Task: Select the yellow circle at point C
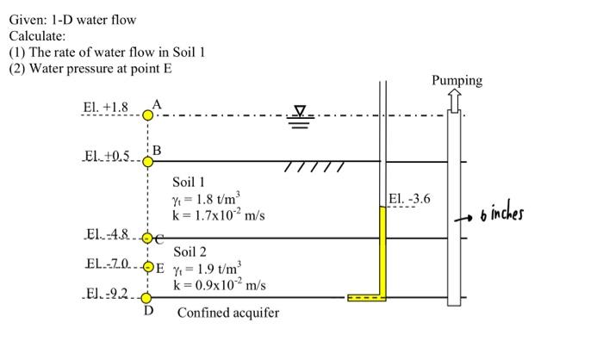click(147, 238)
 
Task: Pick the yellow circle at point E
click(147, 266)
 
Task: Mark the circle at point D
click(147, 298)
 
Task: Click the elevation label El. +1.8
click(106, 108)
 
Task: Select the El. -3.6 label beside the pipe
click(409, 200)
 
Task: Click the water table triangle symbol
click(300, 111)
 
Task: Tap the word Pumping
click(457, 81)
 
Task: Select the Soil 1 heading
click(189, 183)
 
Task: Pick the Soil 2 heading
click(190, 252)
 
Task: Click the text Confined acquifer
click(228, 313)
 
